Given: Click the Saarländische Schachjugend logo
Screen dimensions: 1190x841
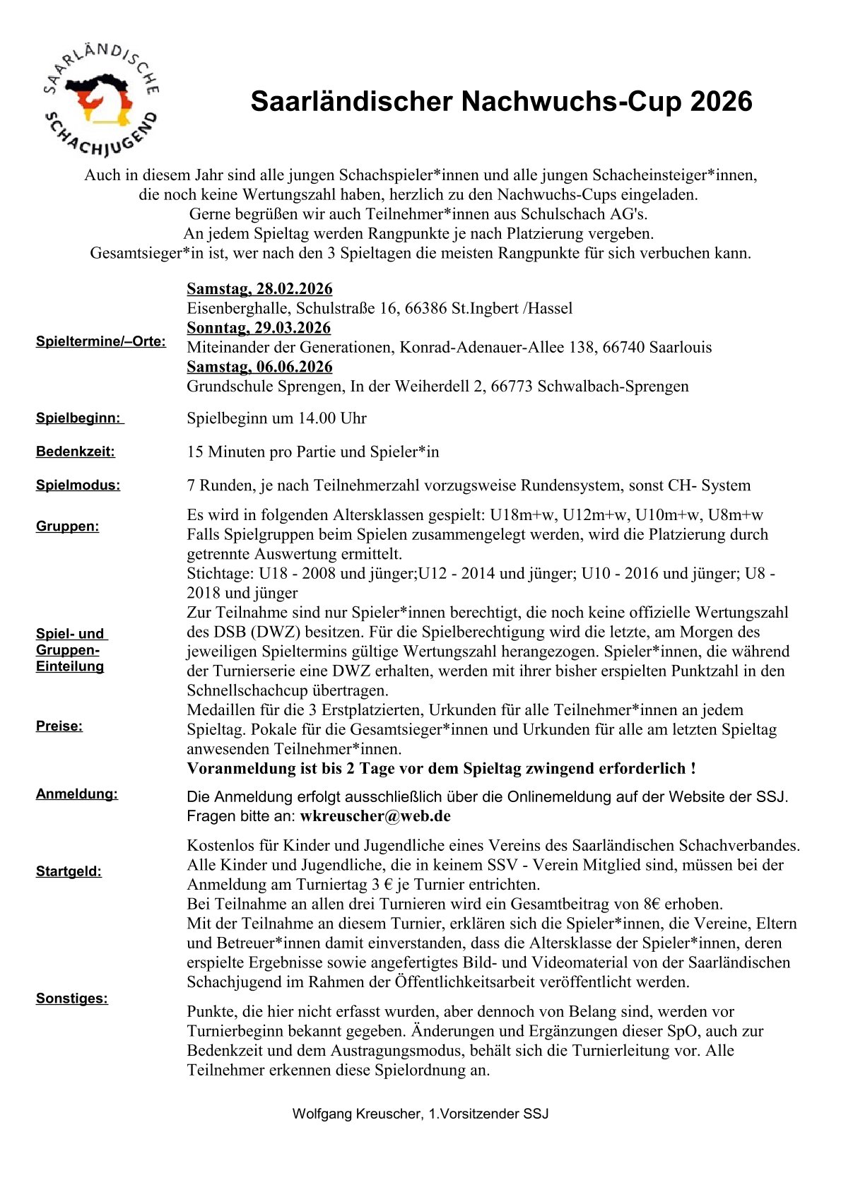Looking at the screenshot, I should tap(100, 100).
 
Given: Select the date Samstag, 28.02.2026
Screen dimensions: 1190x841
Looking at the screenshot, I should tap(259, 289).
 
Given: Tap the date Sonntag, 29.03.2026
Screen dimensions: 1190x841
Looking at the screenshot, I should tap(259, 328).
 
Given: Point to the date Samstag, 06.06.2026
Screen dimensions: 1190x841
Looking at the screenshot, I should tap(259, 367).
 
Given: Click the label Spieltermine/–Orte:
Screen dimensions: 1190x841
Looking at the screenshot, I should tap(101, 342).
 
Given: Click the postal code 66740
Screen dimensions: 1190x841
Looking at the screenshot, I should tap(619, 347).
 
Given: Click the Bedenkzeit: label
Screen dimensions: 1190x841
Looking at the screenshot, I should tap(76, 452).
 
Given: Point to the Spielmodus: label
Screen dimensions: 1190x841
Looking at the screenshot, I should tap(78, 485).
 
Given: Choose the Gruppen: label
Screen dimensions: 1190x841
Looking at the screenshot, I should tap(68, 526).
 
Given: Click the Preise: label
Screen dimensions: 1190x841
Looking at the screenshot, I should tap(59, 726).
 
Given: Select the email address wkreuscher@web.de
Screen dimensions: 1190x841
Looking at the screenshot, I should tap(375, 816).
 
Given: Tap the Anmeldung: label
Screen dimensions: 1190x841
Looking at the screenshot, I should tap(77, 794).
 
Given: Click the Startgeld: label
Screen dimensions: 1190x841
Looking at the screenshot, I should tap(69, 871).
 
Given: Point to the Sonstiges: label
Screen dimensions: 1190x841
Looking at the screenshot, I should tap(72, 998).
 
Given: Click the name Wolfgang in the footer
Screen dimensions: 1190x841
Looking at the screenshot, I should tap(322, 1114).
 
